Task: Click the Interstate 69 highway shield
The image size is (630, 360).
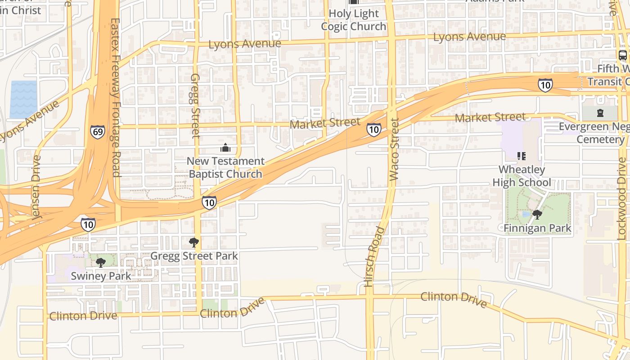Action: point(97,131)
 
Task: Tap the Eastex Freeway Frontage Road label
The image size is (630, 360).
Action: point(115,97)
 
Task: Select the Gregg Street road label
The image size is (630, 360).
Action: point(195,105)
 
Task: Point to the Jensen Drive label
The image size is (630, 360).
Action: point(36,187)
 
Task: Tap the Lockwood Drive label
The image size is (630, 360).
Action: point(621,201)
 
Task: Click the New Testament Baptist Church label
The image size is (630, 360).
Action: point(225,167)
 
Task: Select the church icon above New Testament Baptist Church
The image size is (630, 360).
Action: point(225,148)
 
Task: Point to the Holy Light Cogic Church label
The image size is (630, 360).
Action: point(354,20)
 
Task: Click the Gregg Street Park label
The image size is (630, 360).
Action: point(194,256)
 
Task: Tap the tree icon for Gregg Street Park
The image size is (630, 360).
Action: point(194,243)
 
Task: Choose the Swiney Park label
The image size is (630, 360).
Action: point(101,276)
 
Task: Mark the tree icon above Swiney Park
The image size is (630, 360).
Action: point(101,262)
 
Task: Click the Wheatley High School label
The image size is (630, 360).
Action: point(522,176)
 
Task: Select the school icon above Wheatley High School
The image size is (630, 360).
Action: point(522,156)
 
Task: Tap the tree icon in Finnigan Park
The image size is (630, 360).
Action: point(537,215)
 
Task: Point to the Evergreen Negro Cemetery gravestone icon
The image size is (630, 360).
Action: point(600,112)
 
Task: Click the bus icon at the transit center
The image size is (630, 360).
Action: point(623,55)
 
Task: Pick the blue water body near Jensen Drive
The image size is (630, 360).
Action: point(23,99)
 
